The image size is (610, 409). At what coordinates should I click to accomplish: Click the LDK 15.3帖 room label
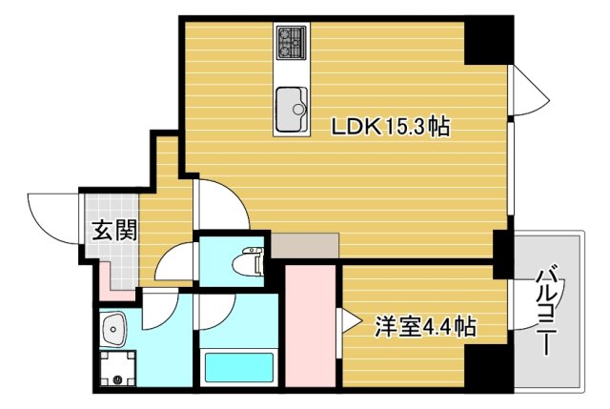click(391, 125)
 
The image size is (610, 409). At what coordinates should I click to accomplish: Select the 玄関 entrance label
click(113, 230)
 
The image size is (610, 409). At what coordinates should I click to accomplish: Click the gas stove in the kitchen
click(290, 42)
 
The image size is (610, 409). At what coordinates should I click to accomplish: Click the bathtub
click(238, 367)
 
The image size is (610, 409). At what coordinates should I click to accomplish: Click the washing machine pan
click(118, 368)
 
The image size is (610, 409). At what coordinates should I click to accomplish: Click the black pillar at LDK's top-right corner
click(490, 41)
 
